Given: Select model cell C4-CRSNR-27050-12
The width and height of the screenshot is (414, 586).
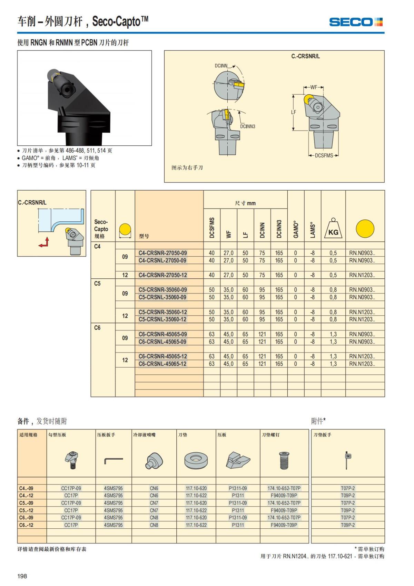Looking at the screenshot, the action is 162,275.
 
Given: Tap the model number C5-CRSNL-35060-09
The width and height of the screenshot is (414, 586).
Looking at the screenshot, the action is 162,297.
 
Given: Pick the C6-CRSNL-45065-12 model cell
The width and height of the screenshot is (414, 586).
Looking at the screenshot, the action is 162,364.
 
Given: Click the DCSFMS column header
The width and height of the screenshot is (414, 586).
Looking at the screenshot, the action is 212,228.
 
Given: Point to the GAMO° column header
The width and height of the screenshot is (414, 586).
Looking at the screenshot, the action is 296,229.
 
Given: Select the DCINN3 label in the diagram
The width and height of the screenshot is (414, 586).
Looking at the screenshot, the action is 247,126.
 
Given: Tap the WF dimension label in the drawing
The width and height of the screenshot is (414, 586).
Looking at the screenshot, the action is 314,87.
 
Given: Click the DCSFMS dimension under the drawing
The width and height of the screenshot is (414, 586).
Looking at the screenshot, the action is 324,155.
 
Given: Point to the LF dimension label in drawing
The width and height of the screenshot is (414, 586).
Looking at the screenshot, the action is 294,112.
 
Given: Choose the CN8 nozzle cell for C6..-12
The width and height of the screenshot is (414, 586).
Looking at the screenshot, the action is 154,525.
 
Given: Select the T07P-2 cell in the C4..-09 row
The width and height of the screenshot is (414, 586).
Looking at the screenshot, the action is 348,488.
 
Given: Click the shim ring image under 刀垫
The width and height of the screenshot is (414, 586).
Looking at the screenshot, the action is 196,461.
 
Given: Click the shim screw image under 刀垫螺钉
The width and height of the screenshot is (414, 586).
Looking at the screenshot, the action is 284,460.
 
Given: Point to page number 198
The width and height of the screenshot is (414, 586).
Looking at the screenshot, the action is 22,576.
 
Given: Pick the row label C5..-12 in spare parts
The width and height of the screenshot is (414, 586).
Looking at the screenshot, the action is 26,510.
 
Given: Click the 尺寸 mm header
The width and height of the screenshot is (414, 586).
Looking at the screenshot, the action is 245,203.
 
